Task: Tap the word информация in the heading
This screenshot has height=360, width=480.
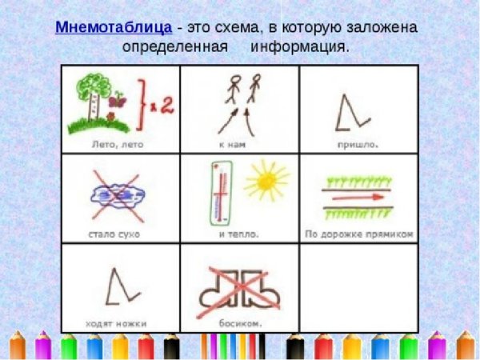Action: (299, 46)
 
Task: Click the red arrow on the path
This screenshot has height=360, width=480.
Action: (357, 194)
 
